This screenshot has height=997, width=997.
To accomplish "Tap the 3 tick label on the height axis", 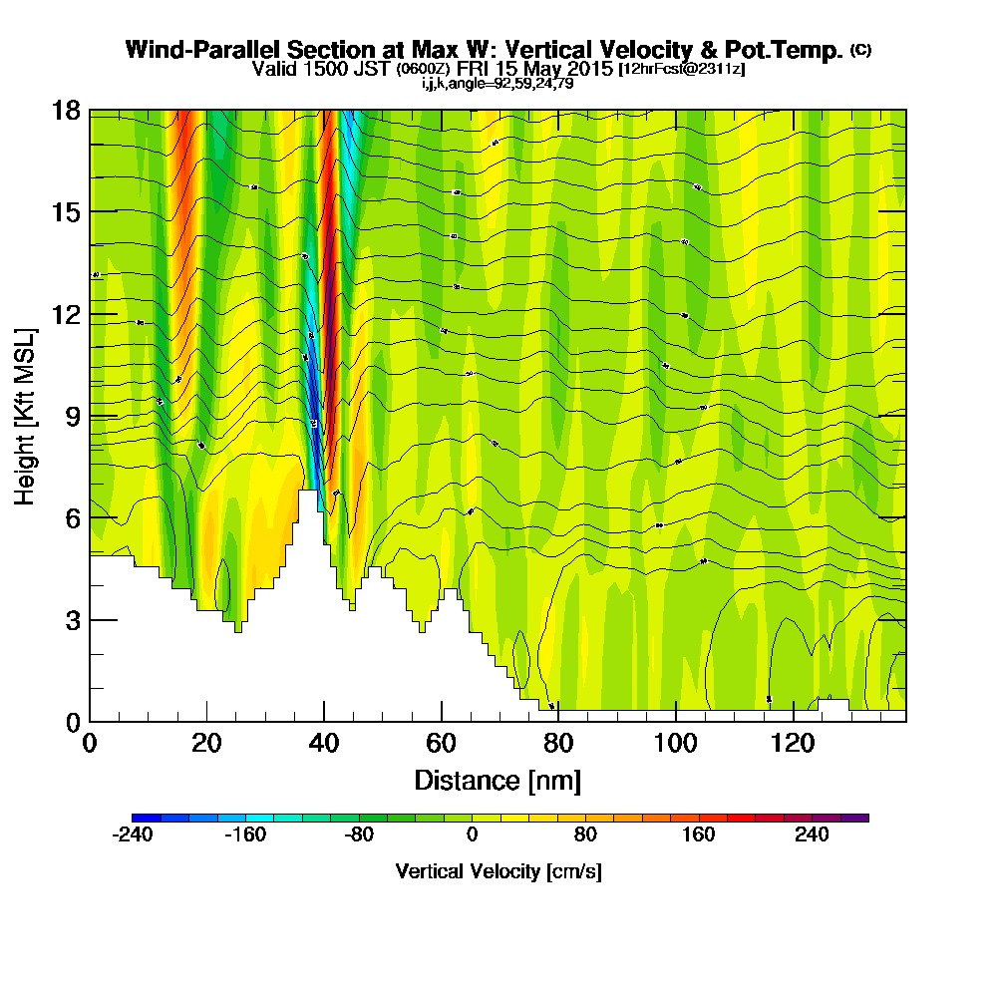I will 72,620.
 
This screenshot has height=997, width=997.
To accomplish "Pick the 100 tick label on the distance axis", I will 676,743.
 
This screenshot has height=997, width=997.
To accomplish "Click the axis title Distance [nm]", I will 498,780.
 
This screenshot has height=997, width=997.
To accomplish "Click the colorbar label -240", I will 133,834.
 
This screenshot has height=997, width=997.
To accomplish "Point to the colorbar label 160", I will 698,834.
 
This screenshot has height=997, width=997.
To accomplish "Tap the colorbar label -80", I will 359,834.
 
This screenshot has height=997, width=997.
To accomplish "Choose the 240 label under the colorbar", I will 812,834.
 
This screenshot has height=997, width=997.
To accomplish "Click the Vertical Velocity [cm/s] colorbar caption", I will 498,871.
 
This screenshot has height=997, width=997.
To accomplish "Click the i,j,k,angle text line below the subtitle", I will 498,84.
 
